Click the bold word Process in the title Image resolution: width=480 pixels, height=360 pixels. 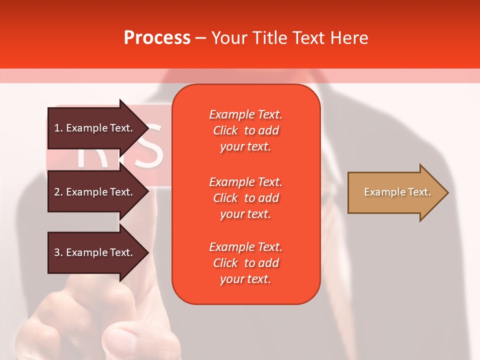coord(157,38)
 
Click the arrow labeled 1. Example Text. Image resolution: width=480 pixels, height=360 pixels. coord(95,128)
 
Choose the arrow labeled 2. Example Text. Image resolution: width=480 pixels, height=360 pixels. coord(95,192)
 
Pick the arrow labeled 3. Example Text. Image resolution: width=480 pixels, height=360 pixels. coord(95,252)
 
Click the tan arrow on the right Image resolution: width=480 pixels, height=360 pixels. coord(395,192)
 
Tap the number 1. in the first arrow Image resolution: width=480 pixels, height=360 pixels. coord(58,128)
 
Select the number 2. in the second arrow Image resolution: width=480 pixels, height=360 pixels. coord(58,192)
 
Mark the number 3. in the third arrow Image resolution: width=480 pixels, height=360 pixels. coord(58,252)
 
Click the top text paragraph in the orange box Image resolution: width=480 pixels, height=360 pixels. coord(245,130)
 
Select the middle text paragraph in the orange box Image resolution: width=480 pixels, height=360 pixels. coord(245,197)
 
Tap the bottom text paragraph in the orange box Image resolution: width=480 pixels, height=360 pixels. coord(245,263)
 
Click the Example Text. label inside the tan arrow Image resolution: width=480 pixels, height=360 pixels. coord(397,192)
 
